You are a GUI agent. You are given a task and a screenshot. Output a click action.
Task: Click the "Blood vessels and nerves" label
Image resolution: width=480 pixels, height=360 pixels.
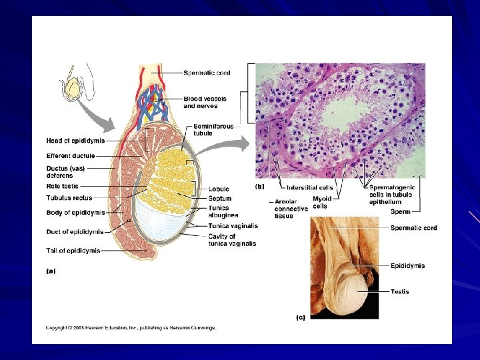(205, 103)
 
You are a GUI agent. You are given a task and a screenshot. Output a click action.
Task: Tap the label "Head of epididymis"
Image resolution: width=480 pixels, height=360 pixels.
(75, 141)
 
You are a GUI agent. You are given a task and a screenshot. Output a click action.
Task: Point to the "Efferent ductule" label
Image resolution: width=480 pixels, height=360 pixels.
(70, 155)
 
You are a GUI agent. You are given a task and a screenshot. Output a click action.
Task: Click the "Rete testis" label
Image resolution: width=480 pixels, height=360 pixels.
(61, 186)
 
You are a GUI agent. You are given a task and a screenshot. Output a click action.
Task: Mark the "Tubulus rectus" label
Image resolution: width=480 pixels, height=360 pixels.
(69, 198)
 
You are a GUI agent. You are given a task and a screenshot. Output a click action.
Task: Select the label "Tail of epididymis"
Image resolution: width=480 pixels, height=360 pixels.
(73, 251)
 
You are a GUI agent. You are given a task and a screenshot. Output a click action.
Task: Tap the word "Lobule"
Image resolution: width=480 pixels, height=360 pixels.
(218, 189)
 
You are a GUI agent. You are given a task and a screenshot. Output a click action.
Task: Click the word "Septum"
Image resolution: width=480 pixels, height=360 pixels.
(219, 199)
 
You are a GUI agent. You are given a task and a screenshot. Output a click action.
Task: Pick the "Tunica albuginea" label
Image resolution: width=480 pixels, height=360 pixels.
(221, 211)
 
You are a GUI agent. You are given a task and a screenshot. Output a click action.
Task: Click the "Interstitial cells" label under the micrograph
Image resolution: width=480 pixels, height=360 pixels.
(309, 188)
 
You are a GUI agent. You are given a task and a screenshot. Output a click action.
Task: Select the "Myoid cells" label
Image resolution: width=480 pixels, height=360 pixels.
(322, 202)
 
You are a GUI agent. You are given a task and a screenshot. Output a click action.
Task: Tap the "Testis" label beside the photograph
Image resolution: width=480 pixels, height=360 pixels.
(400, 291)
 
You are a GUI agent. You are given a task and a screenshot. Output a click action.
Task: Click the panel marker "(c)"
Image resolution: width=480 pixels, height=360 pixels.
(301, 317)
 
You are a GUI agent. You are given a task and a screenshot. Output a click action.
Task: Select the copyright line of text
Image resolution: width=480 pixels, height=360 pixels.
(131, 327)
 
